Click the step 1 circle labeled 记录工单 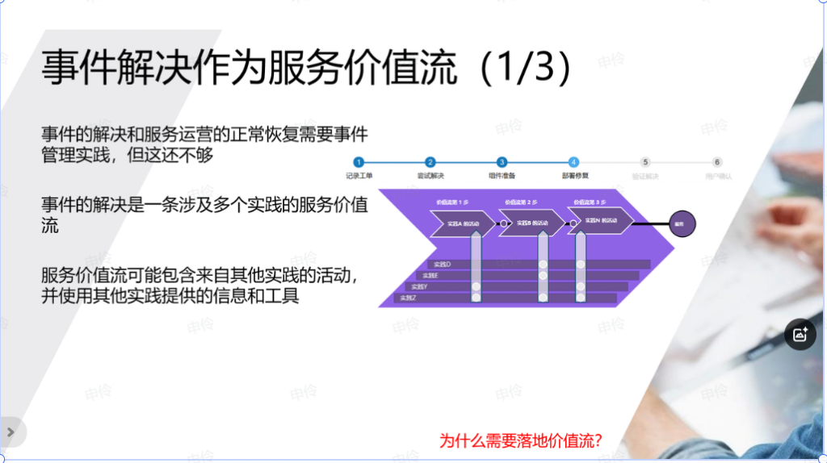coord(359,162)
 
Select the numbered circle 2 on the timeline coord(430,162)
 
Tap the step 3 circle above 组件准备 coord(502,162)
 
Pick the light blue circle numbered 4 coord(573,162)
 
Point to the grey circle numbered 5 coord(645,162)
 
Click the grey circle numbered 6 coord(717,162)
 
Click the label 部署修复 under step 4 coord(575,175)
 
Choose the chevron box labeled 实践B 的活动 coord(531,223)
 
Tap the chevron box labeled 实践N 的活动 coord(600,220)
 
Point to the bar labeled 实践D coord(442,265)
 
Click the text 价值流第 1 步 coord(453,202)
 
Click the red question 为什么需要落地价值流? coord(521,441)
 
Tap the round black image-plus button coord(800,334)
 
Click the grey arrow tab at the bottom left coord(11,432)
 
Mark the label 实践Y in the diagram coord(419,286)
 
